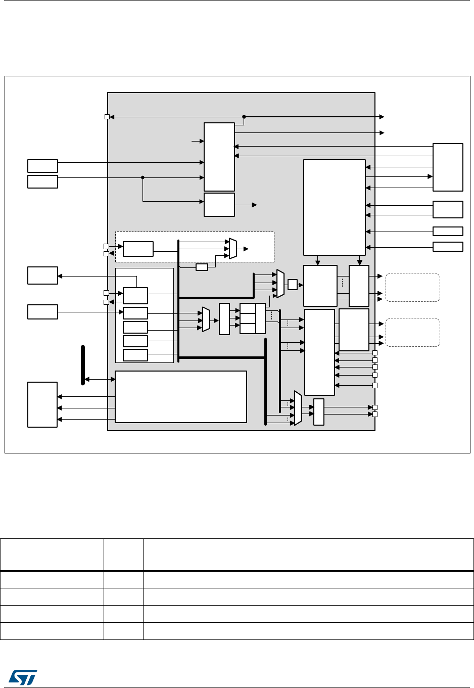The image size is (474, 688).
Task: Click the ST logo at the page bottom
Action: [23, 677]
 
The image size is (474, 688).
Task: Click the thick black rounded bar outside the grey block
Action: [83, 365]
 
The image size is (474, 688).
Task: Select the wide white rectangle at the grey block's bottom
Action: [181, 397]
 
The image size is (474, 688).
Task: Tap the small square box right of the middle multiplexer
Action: [292, 285]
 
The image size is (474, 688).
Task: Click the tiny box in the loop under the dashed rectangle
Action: [202, 267]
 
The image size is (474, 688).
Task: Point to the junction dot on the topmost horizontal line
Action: [244, 117]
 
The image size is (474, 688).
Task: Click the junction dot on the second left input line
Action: [143, 177]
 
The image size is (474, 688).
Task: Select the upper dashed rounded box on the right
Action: [412, 288]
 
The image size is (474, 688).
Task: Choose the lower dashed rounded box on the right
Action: [412, 332]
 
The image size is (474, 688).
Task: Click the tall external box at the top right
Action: [448, 167]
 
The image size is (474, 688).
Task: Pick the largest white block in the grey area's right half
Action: [334, 207]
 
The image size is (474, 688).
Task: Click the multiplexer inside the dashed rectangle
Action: [233, 249]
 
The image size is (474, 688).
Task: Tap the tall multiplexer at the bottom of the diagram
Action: [298, 408]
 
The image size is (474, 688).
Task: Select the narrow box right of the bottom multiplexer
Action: [319, 412]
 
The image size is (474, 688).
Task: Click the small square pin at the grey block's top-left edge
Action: [107, 117]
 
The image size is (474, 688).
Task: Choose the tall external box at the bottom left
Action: [42, 404]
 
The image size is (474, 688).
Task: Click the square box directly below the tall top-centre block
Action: [219, 205]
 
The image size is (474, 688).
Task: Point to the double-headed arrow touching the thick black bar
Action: [100, 379]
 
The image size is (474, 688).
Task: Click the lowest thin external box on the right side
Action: [448, 247]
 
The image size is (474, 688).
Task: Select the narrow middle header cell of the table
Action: [123, 555]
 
